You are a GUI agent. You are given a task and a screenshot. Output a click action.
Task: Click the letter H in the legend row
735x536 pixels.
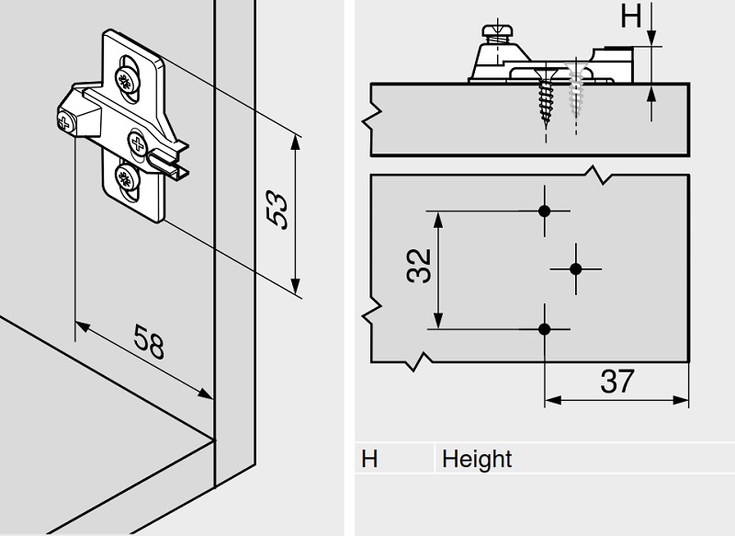point(369,459)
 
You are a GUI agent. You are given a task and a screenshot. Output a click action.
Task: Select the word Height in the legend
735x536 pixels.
point(477,459)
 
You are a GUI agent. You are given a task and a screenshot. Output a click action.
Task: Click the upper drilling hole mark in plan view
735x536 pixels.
point(544,211)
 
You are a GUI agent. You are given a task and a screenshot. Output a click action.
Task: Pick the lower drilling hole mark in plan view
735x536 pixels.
point(544,327)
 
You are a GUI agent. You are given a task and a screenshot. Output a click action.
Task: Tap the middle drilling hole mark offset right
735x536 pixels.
point(576,268)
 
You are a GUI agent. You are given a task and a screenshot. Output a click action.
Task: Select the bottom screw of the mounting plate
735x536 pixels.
point(125,177)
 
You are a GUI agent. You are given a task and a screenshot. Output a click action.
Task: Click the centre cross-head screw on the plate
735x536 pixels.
point(137,143)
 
